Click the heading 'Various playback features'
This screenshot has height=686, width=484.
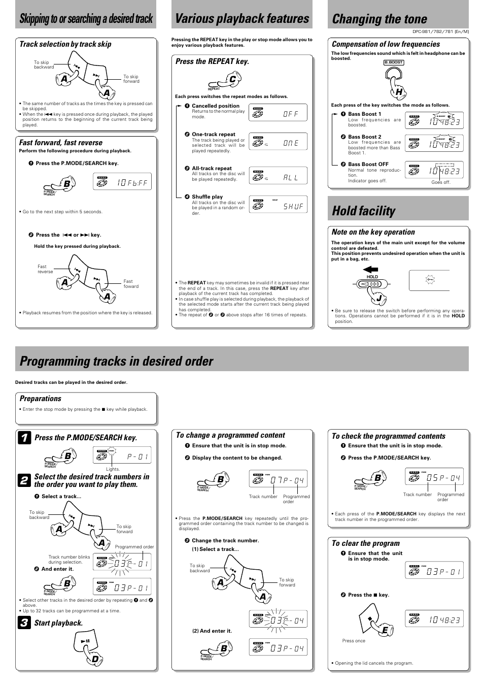click(x=241, y=19)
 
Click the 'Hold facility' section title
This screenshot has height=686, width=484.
click(x=363, y=211)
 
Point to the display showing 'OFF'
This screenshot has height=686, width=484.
click(x=278, y=113)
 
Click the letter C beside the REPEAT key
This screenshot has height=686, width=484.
click(x=232, y=80)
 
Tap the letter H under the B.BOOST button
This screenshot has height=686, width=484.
click(x=399, y=91)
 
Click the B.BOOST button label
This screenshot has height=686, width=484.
click(x=393, y=62)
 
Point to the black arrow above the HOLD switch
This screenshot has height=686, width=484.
click(x=370, y=270)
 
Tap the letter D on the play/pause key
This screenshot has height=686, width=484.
click(x=95, y=659)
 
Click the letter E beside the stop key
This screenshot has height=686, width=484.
click(x=385, y=630)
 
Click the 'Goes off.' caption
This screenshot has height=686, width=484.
click(x=440, y=182)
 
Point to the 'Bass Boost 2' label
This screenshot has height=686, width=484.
click(x=364, y=137)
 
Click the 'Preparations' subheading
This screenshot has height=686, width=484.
click(x=40, y=399)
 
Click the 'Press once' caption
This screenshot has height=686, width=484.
click(x=354, y=641)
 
